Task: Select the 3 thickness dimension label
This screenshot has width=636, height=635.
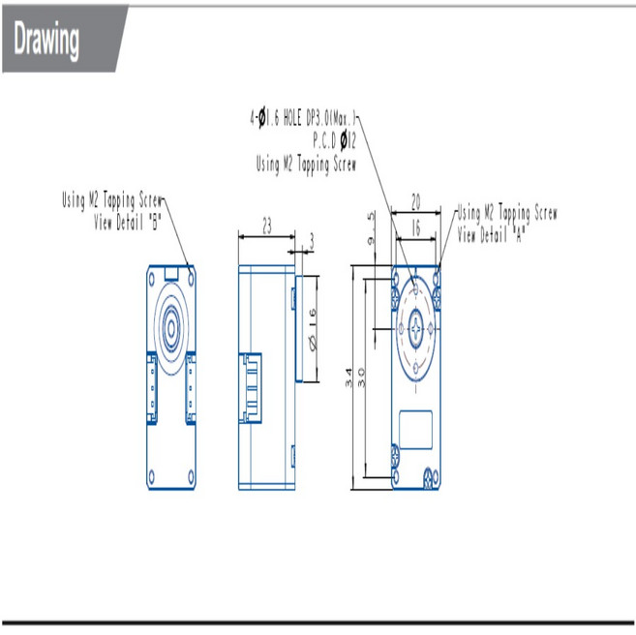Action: click(311, 237)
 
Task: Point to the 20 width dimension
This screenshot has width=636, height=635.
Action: click(415, 201)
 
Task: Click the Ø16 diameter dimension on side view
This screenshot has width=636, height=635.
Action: click(312, 329)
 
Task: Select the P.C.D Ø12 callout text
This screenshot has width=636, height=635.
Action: click(334, 141)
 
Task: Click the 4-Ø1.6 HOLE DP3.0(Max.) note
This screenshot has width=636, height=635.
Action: click(304, 118)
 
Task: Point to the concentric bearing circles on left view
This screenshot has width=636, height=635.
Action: click(171, 321)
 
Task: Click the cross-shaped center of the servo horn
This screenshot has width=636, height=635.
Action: click(416, 331)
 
